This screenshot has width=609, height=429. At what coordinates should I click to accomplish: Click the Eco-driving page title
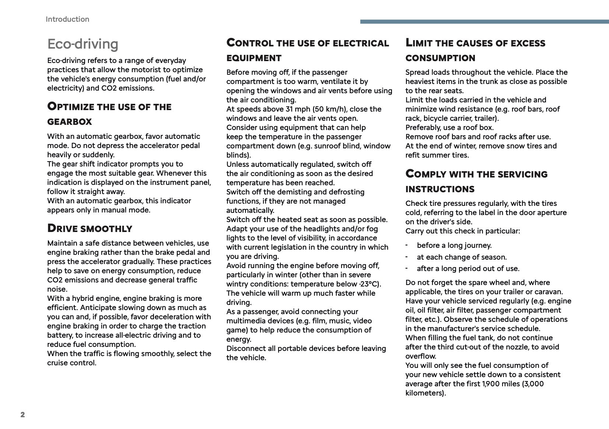(x=83, y=44)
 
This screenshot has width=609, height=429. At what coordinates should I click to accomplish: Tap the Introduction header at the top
(x=67, y=20)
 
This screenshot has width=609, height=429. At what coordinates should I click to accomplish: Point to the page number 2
(x=23, y=415)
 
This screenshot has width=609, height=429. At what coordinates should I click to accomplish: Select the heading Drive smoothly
(x=90, y=228)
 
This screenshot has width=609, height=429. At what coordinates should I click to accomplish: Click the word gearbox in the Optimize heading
(x=70, y=122)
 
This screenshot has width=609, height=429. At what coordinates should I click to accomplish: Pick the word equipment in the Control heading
(x=254, y=58)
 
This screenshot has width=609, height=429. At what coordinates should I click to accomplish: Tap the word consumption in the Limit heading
(x=440, y=58)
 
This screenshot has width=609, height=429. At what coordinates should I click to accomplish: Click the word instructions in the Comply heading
(x=440, y=189)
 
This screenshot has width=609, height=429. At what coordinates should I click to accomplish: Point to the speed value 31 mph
(x=297, y=109)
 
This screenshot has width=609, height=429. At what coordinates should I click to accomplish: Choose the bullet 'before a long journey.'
(x=454, y=245)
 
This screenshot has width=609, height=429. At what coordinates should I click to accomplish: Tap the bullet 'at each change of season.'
(x=462, y=257)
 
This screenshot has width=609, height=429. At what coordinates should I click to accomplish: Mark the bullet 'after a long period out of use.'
(x=468, y=268)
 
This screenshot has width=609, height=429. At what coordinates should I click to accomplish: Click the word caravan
(x=549, y=292)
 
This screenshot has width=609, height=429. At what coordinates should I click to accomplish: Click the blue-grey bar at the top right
(x=484, y=22)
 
